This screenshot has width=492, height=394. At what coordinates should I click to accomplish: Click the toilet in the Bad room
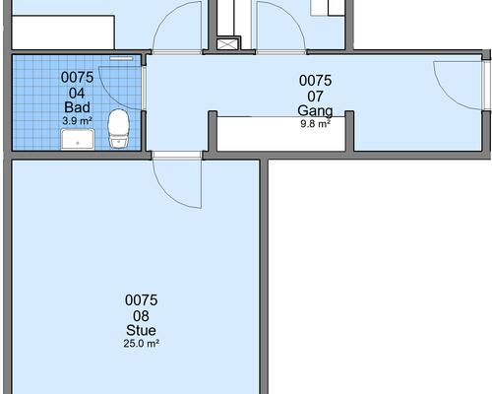click(118, 128)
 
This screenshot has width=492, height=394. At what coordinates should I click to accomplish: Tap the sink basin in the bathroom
click(78, 139)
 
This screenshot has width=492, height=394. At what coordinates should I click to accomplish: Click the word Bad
click(77, 107)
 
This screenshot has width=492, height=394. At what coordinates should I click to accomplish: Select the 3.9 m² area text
click(77, 121)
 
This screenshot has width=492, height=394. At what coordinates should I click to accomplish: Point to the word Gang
click(315, 111)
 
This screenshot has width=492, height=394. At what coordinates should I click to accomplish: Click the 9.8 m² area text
click(315, 124)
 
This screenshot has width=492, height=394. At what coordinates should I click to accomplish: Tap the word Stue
click(141, 330)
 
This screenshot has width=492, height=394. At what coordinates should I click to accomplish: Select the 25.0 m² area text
click(142, 344)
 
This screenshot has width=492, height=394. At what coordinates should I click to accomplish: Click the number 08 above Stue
click(141, 316)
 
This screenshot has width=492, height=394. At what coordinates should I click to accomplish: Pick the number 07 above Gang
click(315, 97)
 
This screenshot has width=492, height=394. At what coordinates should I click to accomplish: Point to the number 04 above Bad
click(77, 94)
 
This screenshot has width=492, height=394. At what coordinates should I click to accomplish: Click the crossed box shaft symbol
click(226, 44)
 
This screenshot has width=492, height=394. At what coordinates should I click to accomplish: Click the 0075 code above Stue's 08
click(141, 300)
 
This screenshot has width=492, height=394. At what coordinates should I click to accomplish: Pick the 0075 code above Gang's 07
click(315, 81)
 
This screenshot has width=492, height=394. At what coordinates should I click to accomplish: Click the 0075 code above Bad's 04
click(77, 78)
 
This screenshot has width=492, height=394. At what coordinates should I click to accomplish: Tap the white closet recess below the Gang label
click(281, 133)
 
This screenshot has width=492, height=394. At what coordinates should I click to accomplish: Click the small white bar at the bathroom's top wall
click(121, 58)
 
